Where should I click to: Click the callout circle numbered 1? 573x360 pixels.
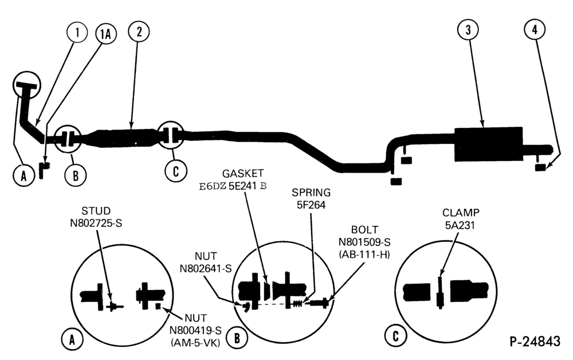click(x=77, y=32)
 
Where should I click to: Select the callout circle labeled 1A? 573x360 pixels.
click(x=105, y=34)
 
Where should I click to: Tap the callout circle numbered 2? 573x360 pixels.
click(x=139, y=32)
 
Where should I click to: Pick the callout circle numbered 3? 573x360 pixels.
click(x=469, y=29)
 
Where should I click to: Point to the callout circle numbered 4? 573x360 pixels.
click(x=535, y=29)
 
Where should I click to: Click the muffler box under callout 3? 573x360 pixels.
click(x=489, y=144)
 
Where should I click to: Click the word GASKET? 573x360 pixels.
click(x=243, y=173)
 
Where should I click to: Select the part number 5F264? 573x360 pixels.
click(x=311, y=205)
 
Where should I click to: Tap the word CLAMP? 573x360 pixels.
click(x=461, y=212)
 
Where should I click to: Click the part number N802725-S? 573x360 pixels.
click(x=96, y=223)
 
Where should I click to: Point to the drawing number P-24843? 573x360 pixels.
click(x=535, y=341)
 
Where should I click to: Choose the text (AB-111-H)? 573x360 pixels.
click(x=364, y=255)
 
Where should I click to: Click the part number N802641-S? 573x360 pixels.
click(x=206, y=269)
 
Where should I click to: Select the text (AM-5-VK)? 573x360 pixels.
click(x=195, y=343)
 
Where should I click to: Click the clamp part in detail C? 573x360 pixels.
click(x=440, y=293)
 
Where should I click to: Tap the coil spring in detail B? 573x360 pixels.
click(x=297, y=303)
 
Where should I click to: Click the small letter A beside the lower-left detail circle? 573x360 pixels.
click(x=72, y=340)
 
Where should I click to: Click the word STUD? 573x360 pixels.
click(x=96, y=211)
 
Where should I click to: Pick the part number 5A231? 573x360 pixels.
click(x=460, y=225)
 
